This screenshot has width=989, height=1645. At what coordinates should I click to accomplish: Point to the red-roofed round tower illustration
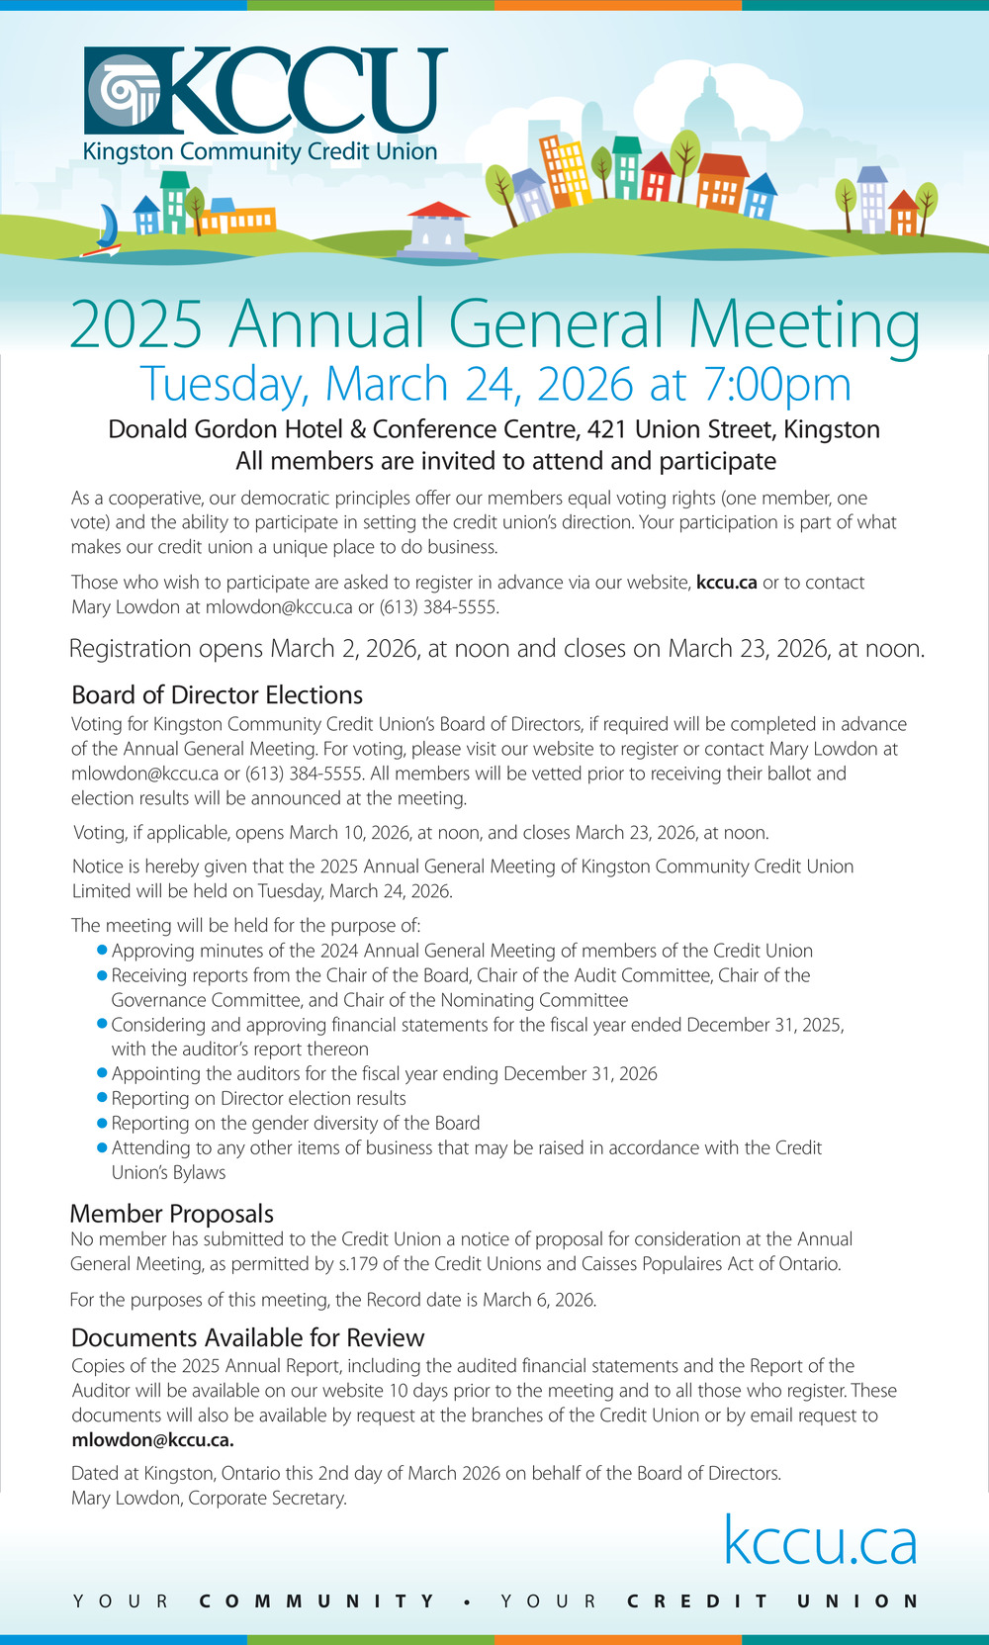(x=438, y=229)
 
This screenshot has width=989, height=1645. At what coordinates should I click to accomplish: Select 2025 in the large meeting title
(x=136, y=324)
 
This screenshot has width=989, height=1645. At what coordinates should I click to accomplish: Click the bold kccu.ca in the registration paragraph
(x=726, y=583)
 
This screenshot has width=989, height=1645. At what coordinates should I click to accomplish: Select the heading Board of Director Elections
(x=217, y=694)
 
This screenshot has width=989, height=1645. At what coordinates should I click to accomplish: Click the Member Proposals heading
(x=171, y=1213)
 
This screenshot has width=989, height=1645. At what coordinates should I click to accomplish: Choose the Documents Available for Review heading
(x=247, y=1337)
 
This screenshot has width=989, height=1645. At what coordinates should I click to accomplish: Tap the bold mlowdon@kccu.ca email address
(x=152, y=1440)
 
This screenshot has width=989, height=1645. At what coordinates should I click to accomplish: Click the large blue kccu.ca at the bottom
(x=820, y=1541)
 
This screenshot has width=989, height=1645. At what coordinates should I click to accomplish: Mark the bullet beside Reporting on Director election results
(x=101, y=1097)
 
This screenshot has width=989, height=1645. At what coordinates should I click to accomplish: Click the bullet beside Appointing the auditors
(x=101, y=1072)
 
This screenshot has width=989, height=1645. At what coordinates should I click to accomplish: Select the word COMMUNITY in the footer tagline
(x=316, y=1600)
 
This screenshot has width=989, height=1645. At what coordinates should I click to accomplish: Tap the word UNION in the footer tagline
(x=857, y=1600)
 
